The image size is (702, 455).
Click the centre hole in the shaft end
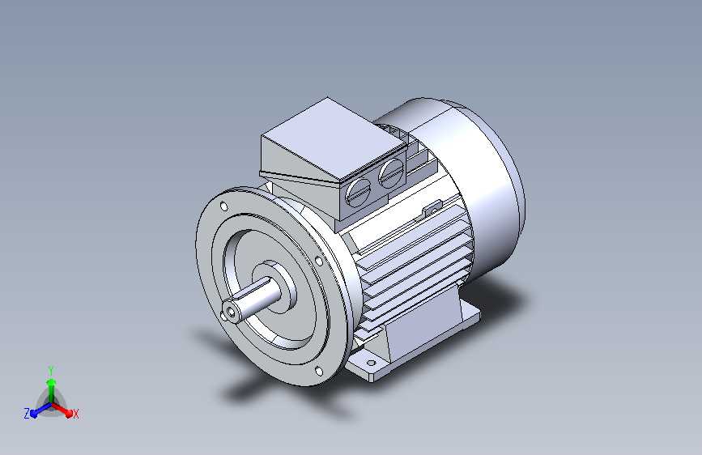pos(231,312)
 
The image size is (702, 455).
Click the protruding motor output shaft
pos(252,298)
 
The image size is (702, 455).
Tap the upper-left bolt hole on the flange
pos(223,206)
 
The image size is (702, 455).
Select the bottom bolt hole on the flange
pos(319,371)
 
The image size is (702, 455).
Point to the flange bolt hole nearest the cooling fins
pos(318,261)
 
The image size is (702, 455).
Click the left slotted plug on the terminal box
pos(359,192)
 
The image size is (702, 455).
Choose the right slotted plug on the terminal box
pos(392,173)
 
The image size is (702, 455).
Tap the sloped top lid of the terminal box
pos(334,139)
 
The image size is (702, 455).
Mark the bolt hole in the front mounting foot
pos(371,363)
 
